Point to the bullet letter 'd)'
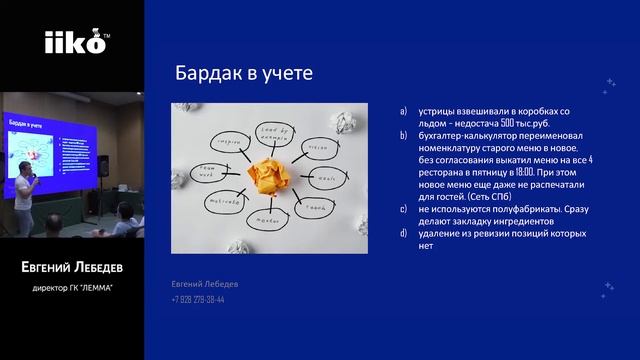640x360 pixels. click(x=402, y=232)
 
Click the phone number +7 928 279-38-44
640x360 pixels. click(x=197, y=298)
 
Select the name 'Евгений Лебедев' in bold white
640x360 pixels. click(x=72, y=269)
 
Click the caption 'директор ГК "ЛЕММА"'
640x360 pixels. click(x=72, y=290)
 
